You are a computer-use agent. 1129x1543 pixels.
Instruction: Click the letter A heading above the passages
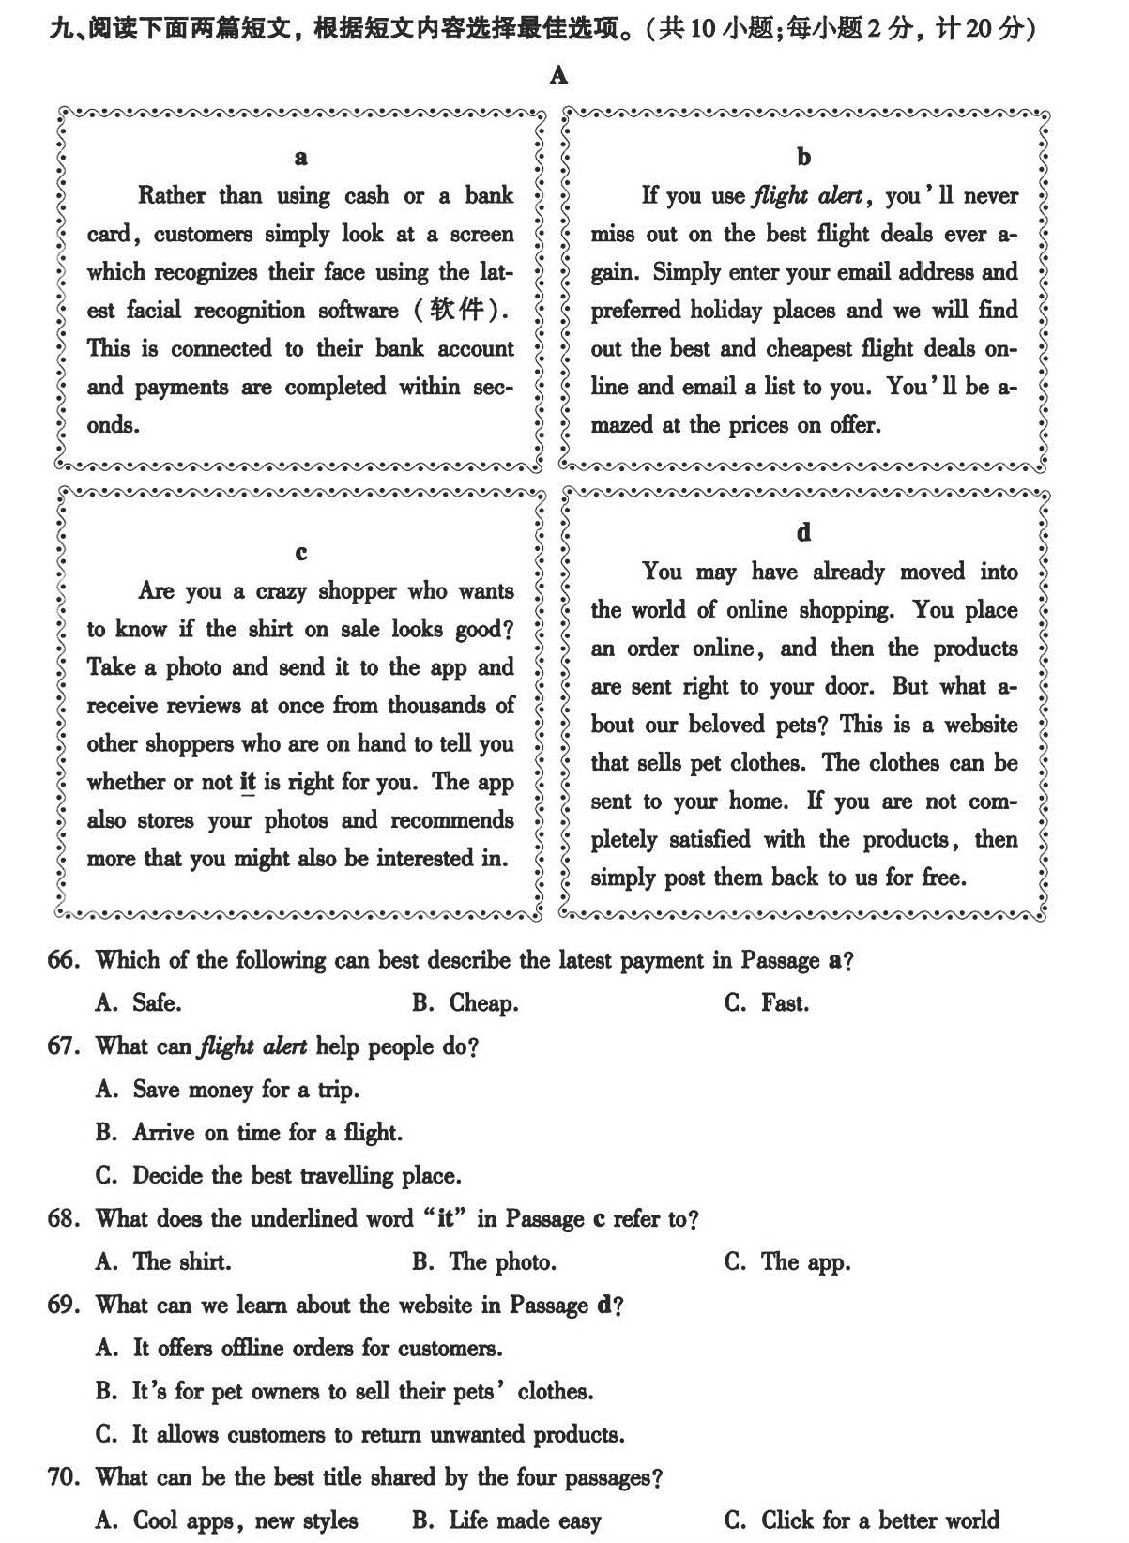coord(559,75)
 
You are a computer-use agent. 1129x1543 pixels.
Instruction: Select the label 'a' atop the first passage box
coord(300,157)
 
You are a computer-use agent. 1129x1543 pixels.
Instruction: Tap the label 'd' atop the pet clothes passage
coord(803,533)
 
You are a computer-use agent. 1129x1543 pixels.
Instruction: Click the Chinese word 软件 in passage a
coord(455,310)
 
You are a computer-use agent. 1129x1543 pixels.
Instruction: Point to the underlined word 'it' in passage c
coord(248,782)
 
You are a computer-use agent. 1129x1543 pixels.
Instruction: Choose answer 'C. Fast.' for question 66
coord(766,1003)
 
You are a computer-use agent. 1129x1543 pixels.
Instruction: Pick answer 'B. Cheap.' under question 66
coord(465,1003)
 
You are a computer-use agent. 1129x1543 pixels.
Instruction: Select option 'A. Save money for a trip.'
coord(227,1090)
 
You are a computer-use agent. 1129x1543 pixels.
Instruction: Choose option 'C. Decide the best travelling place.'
coord(278,1176)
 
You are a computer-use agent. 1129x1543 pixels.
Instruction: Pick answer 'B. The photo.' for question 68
coord(483,1262)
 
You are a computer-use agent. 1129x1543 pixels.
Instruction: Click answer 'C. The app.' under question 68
coord(786,1262)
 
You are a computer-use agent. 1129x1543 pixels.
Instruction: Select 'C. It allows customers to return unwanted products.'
coord(359,1435)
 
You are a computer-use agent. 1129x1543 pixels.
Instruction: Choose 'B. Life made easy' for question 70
coord(506,1520)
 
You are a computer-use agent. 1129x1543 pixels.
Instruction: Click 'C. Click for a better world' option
coord(861,1520)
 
